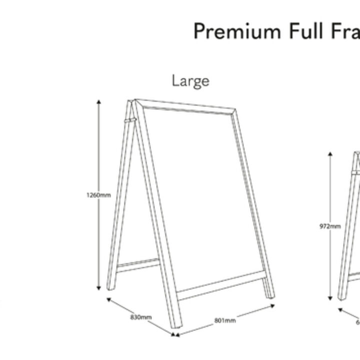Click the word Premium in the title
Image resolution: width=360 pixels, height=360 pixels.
click(x=237, y=31)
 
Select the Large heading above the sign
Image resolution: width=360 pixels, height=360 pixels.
click(x=190, y=80)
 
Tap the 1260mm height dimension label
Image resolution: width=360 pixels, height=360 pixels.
click(x=98, y=195)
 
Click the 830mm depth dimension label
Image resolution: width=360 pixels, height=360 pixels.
click(x=141, y=317)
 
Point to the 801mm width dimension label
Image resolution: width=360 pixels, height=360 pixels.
click(x=225, y=320)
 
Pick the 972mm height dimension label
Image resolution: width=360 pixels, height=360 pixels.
click(x=330, y=226)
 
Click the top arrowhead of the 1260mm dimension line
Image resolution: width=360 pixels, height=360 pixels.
click(x=99, y=102)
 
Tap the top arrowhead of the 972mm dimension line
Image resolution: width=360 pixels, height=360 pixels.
click(x=330, y=154)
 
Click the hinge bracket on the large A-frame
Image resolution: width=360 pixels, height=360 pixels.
click(x=129, y=120)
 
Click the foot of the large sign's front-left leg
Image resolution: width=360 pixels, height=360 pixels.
click(x=175, y=324)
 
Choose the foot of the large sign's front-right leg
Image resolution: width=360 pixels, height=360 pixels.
click(x=269, y=295)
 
